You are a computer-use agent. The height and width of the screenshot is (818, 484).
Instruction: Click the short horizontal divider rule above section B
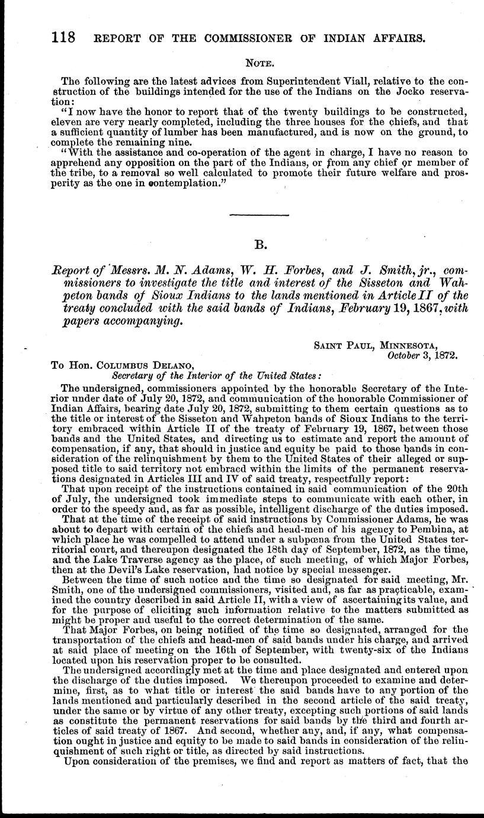click(258, 214)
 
